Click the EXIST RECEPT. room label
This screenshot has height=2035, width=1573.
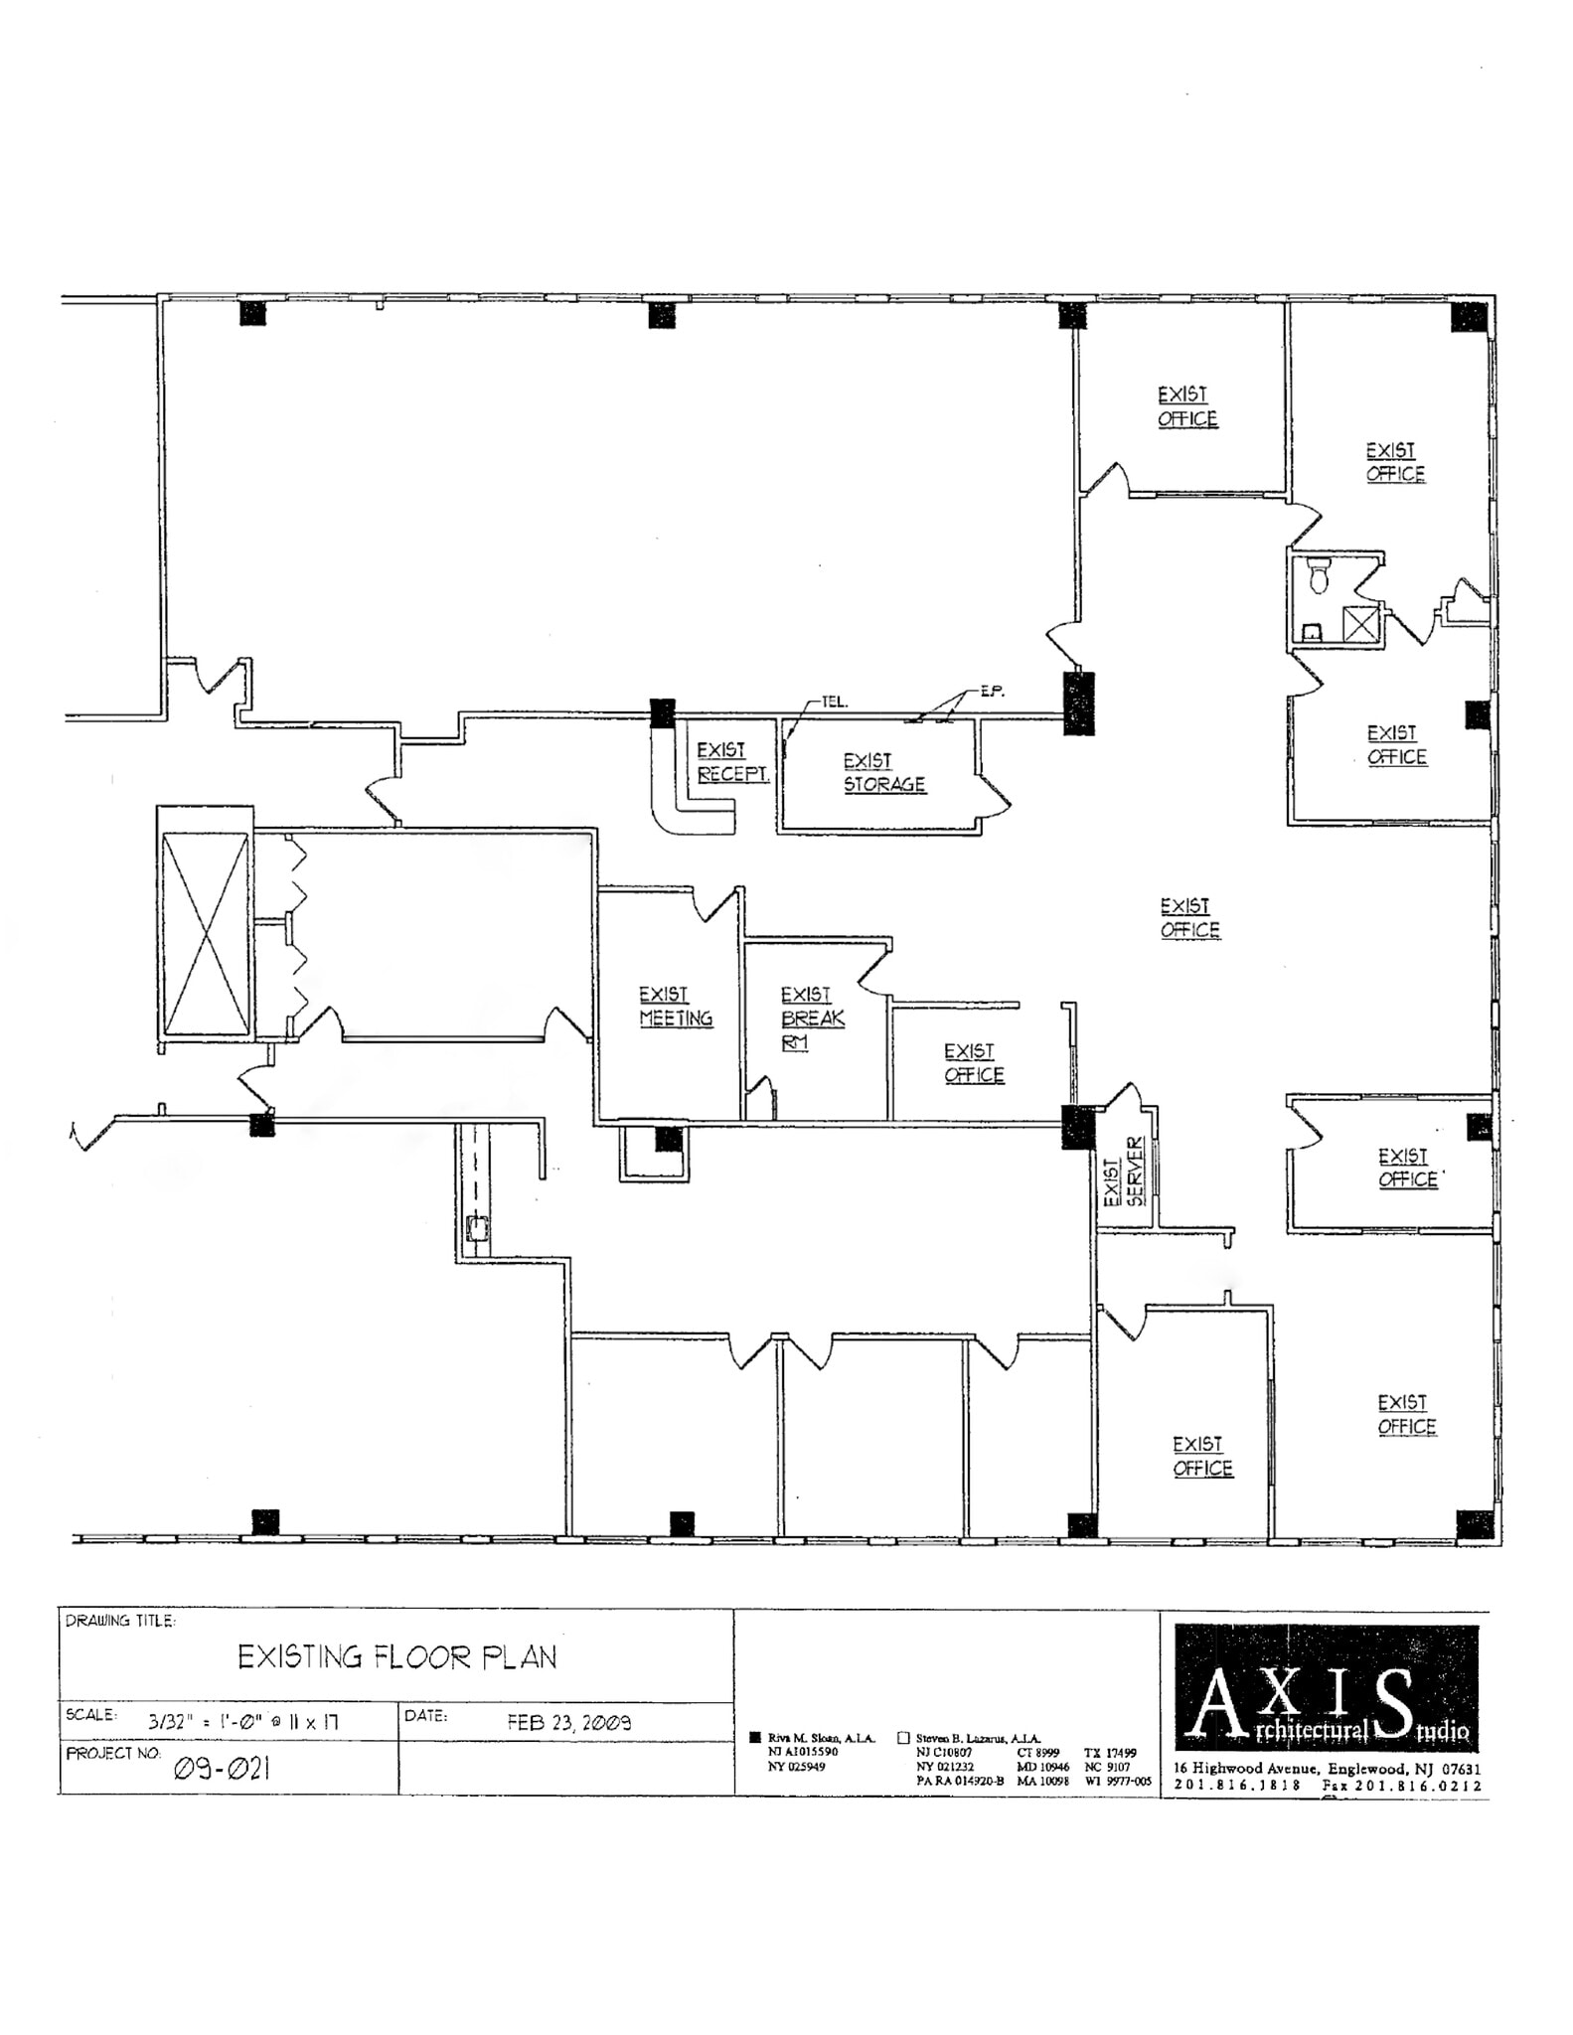(x=731, y=762)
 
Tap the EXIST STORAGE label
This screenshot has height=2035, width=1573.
(x=883, y=773)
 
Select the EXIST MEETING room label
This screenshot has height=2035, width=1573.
(x=675, y=1007)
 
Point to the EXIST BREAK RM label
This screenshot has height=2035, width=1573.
(x=811, y=1017)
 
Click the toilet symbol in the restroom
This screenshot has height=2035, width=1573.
(x=1319, y=576)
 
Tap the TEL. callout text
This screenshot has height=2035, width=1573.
(x=835, y=702)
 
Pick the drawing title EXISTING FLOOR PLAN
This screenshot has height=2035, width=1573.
(x=396, y=1656)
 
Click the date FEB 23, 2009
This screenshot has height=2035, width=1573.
(x=568, y=1722)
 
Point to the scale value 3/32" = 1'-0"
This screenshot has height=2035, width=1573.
(x=243, y=1722)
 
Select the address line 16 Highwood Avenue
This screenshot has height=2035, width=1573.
(x=1327, y=1768)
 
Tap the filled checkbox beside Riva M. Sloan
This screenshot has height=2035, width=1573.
(x=754, y=1738)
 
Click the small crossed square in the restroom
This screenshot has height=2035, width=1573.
(x=1359, y=624)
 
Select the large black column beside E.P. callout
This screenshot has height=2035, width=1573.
(x=1078, y=703)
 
